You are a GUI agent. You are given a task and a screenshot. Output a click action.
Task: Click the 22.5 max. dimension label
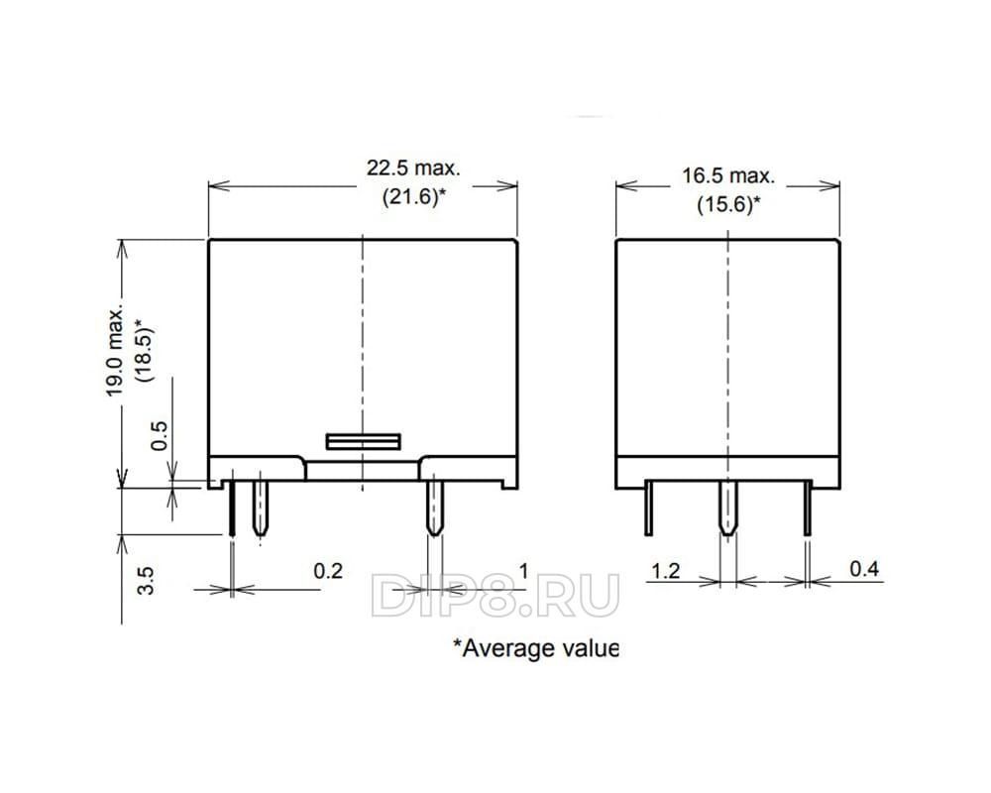[414, 169]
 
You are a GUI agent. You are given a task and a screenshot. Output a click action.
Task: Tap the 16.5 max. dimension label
[728, 175]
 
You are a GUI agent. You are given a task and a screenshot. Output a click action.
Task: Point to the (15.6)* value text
[728, 204]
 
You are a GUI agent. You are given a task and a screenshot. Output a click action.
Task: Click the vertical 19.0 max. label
[114, 352]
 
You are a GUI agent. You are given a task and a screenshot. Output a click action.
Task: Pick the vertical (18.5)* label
[144, 350]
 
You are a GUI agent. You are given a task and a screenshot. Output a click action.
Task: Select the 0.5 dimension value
[160, 436]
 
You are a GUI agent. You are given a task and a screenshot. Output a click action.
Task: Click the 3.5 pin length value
[146, 581]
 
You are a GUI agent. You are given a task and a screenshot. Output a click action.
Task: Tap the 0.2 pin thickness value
[328, 571]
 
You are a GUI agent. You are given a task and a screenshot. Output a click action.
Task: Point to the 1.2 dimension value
[666, 571]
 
